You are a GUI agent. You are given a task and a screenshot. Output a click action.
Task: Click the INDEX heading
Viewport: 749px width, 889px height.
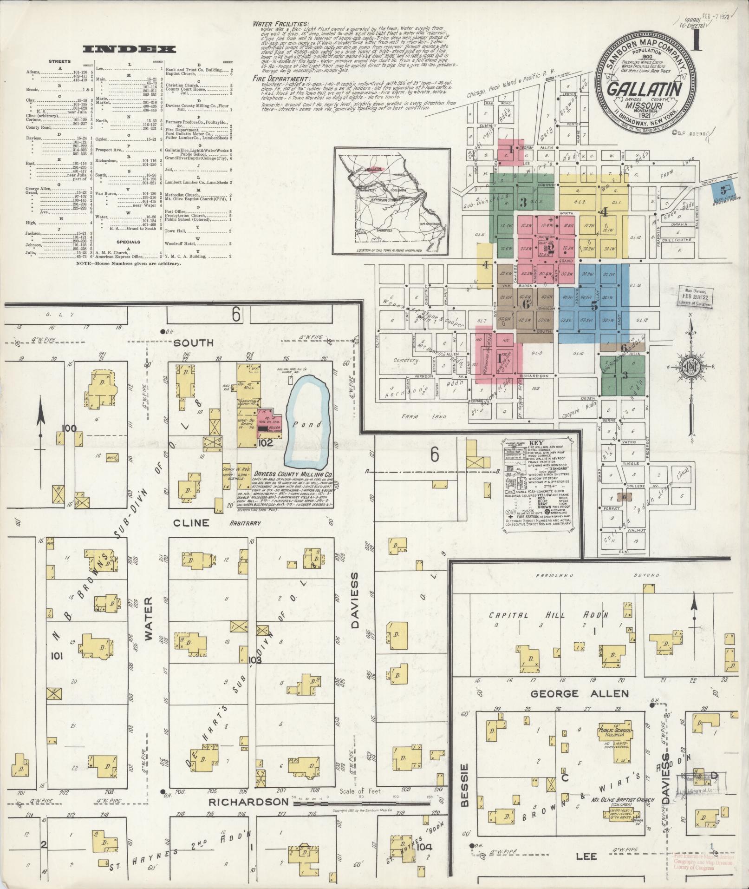tap(129, 49)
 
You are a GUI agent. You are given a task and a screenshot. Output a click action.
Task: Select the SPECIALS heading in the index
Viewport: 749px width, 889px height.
tap(129, 242)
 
